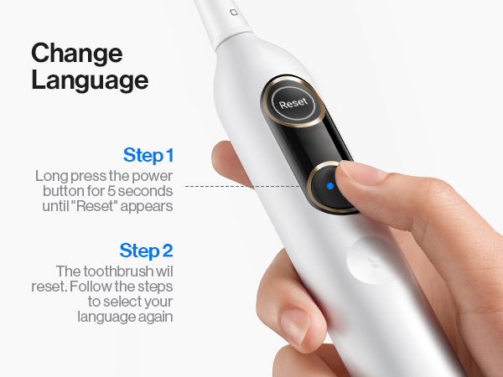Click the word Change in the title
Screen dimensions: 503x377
click(x=77, y=54)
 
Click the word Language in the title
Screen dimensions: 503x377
click(x=90, y=80)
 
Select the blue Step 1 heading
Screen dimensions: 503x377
click(x=148, y=156)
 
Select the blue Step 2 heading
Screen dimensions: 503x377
click(x=146, y=250)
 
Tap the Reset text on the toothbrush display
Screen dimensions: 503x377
click(x=293, y=103)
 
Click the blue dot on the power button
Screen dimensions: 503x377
click(x=330, y=186)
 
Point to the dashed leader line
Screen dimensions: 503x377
click(x=243, y=186)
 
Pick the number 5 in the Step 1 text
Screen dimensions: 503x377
click(x=111, y=191)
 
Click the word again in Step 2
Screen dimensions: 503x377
click(x=156, y=318)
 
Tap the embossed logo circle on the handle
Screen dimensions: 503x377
click(x=372, y=261)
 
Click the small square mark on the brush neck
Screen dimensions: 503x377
click(x=234, y=13)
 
